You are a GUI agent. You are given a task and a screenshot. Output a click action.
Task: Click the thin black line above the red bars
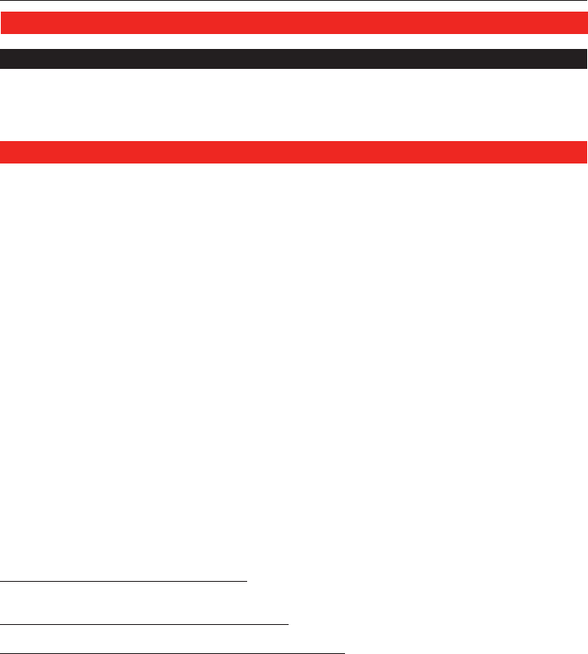point(294,1)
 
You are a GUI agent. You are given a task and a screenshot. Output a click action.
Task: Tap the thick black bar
point(294,59)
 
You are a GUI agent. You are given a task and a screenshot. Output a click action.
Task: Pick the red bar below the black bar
point(294,153)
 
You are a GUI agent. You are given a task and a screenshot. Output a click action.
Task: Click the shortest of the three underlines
point(124,582)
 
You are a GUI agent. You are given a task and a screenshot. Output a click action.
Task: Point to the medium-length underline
point(144,622)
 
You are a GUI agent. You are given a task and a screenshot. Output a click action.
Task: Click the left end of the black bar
point(2,59)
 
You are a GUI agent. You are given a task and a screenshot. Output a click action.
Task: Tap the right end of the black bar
point(586,59)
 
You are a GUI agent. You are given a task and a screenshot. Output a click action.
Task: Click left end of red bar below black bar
point(2,153)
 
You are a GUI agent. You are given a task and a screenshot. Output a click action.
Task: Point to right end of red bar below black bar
point(586,153)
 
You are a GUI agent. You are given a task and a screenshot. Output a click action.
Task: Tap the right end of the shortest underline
point(247,582)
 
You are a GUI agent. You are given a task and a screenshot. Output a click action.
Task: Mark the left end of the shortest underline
point(1,582)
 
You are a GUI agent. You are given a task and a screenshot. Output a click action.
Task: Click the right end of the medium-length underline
point(288,622)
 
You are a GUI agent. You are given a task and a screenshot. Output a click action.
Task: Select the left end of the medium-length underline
point(1,622)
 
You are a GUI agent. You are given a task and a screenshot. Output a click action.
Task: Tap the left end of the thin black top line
point(1,1)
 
